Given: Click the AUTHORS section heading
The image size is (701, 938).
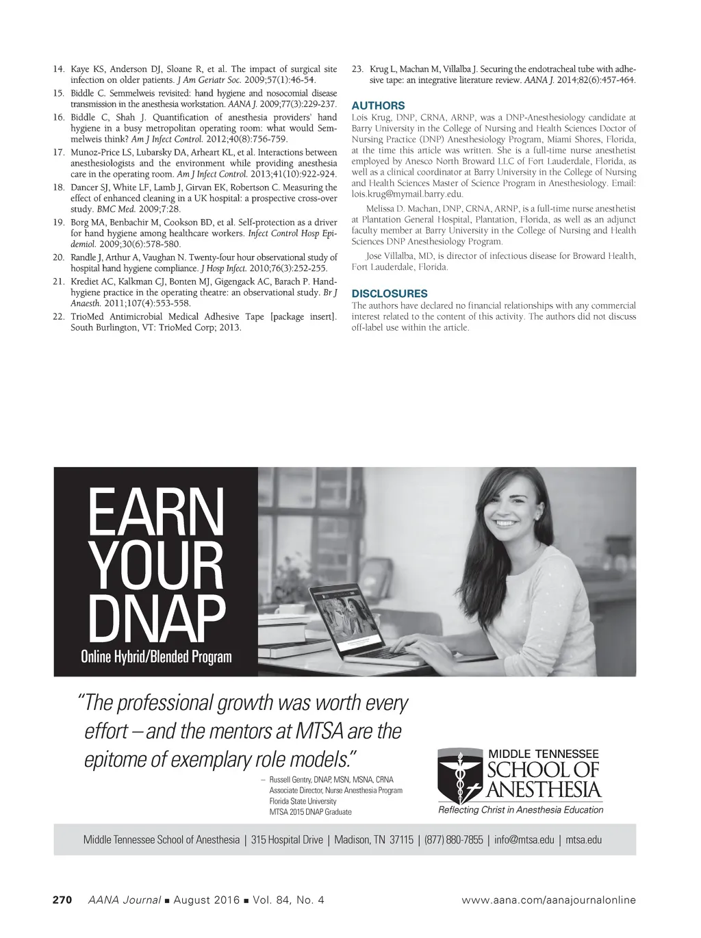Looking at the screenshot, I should click(378, 106).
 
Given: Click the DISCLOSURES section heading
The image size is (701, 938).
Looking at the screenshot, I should click(389, 294).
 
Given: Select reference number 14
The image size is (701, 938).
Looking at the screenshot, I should click(58, 69).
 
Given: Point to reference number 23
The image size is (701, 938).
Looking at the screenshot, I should click(357, 69).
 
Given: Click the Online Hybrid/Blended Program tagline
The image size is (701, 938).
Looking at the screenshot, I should click(156, 657).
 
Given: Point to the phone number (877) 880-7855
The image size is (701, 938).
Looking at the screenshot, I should click(454, 839).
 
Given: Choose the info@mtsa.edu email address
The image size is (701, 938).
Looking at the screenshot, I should click(524, 839).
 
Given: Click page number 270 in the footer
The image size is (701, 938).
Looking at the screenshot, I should click(63, 900).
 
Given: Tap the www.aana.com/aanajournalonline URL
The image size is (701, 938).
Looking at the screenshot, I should click(549, 900).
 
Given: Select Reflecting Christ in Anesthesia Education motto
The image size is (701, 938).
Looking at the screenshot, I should click(521, 810).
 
